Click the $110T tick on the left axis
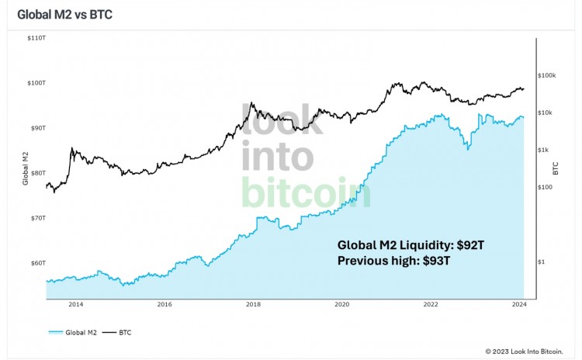(x=36, y=37)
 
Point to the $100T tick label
(x=36, y=82)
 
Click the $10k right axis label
(x=545, y=112)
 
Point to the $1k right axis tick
(x=543, y=150)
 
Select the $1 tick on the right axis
(x=541, y=261)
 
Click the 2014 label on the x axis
(x=75, y=305)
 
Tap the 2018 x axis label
(x=253, y=305)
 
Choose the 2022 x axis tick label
(x=431, y=305)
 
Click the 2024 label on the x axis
(x=519, y=305)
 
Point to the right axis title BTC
(x=556, y=168)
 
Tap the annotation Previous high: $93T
(x=393, y=261)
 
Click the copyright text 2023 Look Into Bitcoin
(x=530, y=351)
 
